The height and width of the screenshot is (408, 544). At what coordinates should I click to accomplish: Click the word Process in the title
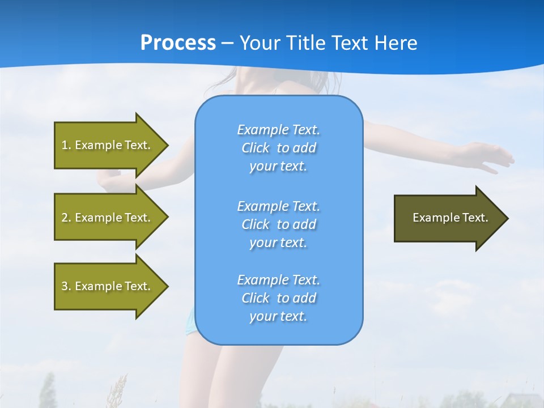tap(178, 43)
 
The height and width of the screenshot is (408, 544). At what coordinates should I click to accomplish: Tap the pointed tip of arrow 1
tap(167, 145)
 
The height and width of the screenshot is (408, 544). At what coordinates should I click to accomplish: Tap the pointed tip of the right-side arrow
tap(507, 218)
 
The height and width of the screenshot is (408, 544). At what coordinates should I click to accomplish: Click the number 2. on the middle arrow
tap(66, 218)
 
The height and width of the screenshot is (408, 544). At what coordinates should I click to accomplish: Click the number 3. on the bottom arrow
tap(66, 286)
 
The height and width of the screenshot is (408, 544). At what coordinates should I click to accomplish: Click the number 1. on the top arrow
tap(66, 145)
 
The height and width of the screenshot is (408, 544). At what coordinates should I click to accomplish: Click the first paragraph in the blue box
tap(279, 148)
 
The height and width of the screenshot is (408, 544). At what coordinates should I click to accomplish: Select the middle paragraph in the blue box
tap(279, 224)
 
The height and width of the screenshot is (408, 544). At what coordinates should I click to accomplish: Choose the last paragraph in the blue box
tap(279, 298)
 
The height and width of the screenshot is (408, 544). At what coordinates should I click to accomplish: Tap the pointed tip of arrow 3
tap(167, 286)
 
